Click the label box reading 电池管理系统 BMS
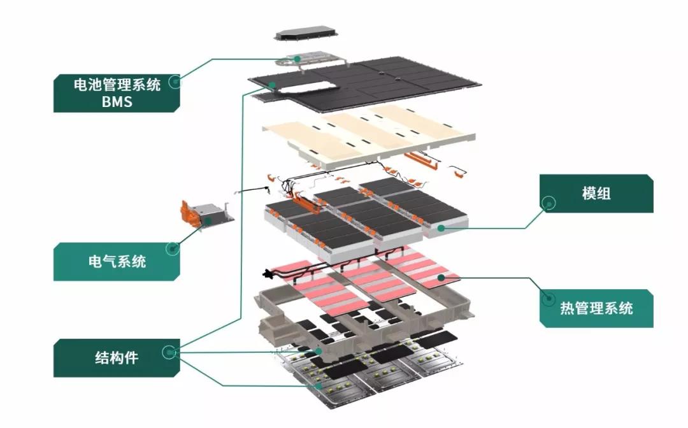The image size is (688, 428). tap(115, 92)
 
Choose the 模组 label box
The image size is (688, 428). tap(596, 194)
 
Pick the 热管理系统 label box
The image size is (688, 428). tap(596, 308)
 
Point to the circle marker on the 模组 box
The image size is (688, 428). tap(548, 203)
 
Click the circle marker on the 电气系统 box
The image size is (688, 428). tap(171, 248)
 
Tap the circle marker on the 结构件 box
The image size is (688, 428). tap(169, 352)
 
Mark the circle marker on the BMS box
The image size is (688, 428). tap(173, 81)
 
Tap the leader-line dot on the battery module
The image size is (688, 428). tap(440, 227)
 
